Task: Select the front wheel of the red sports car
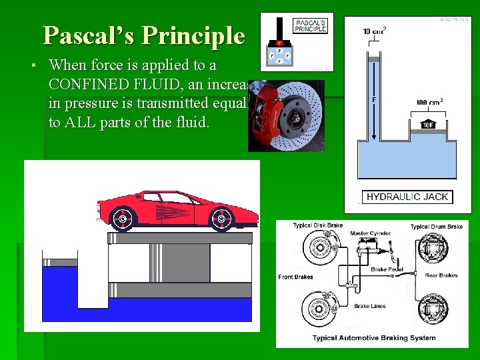[221, 218]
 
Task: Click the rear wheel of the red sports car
[123, 218]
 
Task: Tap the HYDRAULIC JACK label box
[408, 197]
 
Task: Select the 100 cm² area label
[429, 103]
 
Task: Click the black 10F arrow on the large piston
[428, 124]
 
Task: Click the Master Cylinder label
[370, 234]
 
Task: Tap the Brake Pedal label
[387, 269]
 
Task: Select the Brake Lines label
[371, 306]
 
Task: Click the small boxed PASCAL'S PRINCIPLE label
[311, 26]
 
